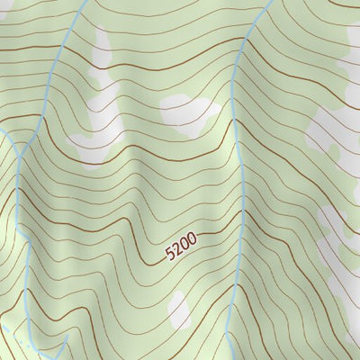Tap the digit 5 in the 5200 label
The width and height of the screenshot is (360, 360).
(170, 255)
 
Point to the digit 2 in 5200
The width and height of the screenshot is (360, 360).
(177, 249)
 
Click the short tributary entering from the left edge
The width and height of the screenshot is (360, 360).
(7, 135)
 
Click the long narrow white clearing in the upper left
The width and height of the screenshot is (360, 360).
(99, 99)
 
